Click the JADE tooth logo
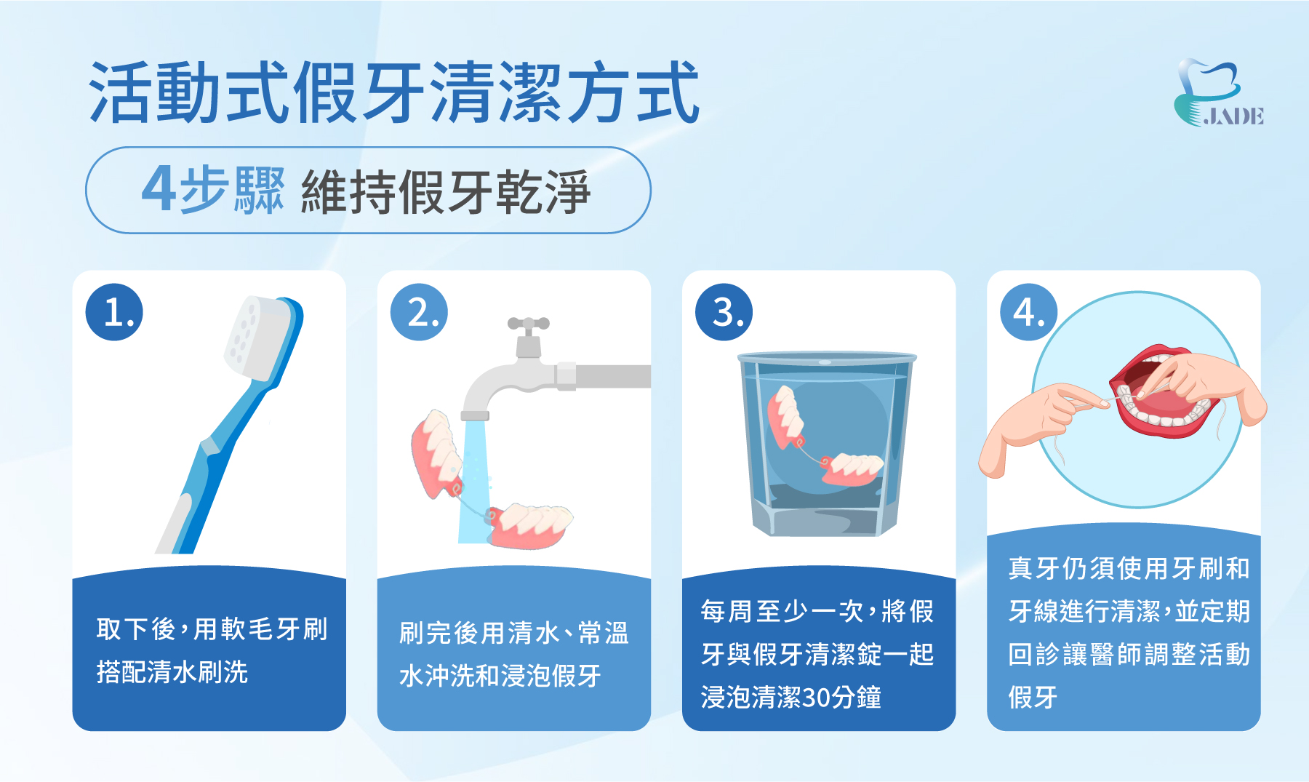[x=1216, y=92]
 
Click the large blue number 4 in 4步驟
[x=158, y=188]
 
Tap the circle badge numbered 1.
[x=114, y=312]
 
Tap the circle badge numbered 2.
[x=419, y=312]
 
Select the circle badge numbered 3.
[x=724, y=312]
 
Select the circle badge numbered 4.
[x=1028, y=312]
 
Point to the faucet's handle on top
[x=528, y=324]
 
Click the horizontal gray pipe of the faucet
[x=611, y=376]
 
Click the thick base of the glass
[x=825, y=520]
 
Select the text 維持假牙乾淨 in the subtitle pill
[x=445, y=192]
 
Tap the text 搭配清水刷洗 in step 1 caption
[x=172, y=671]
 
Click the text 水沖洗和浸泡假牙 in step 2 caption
[x=500, y=676]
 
